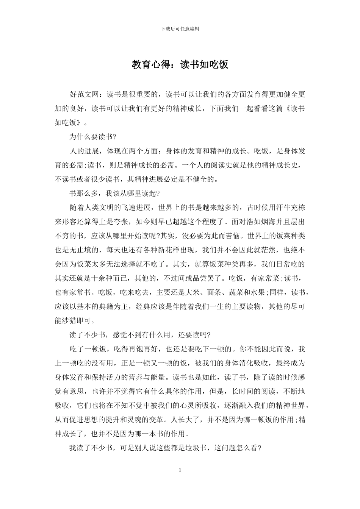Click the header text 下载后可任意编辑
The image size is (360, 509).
(180, 29)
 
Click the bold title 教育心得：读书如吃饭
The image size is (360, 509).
(180, 65)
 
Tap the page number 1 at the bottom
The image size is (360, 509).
(180, 470)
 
